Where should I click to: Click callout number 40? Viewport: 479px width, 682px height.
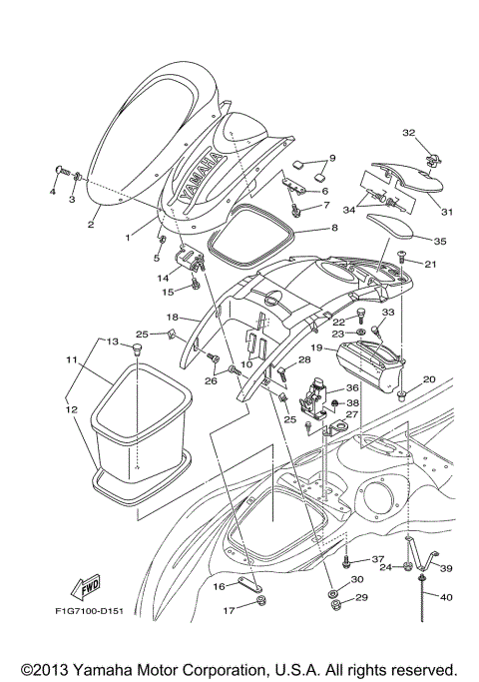coord(444,597)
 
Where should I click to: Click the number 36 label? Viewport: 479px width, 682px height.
coord(351,388)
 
